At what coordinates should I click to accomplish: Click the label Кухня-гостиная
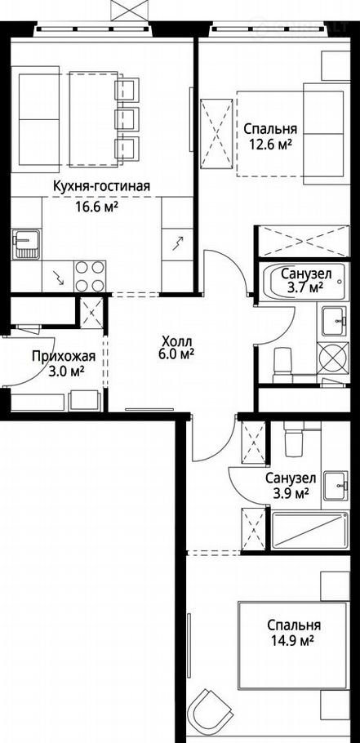coord(101,187)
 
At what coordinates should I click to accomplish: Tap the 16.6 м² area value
coord(96,207)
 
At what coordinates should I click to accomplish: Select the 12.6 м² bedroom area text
coord(270,144)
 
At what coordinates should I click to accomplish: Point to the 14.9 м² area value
coord(294,641)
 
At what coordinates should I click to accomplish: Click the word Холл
coord(176,341)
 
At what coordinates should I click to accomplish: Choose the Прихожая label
coord(64,356)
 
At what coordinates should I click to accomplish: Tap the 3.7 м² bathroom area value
coord(305,287)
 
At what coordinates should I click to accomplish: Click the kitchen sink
coord(26,243)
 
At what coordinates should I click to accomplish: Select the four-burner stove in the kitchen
coord(90,276)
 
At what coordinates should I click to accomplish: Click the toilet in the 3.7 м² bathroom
coord(284,365)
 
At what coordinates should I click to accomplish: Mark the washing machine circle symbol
coord(334,358)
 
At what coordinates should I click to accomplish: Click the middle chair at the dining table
coord(127,118)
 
